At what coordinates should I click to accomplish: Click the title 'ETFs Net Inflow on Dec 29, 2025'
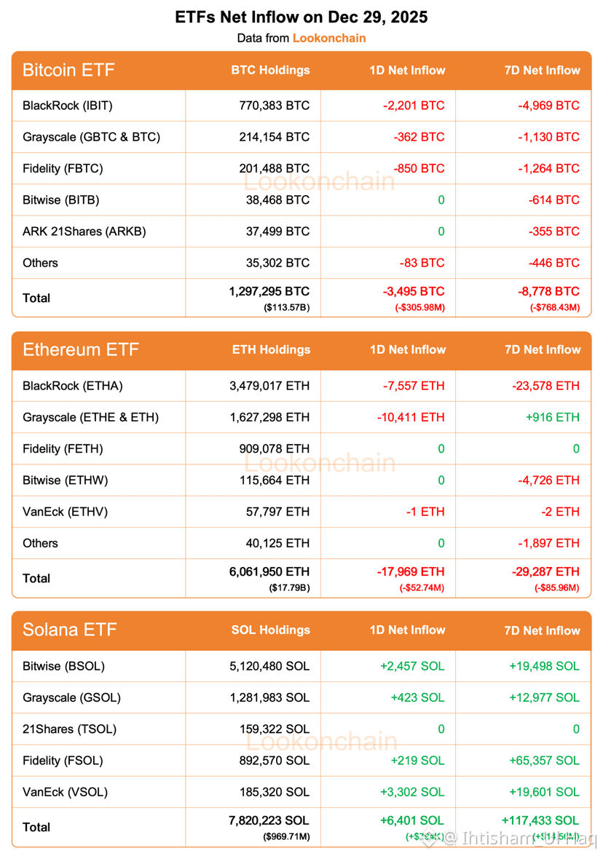(x=301, y=17)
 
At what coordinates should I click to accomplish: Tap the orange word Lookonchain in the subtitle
(x=329, y=38)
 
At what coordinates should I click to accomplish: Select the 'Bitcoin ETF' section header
(x=68, y=71)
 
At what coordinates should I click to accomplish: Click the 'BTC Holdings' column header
(x=270, y=71)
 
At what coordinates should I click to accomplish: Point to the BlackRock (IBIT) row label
(x=68, y=106)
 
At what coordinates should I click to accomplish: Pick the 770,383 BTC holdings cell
(x=274, y=106)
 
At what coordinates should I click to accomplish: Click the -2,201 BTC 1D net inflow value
(x=413, y=106)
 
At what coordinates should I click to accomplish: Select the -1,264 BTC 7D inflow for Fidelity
(x=548, y=168)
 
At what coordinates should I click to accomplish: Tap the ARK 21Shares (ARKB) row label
(x=84, y=231)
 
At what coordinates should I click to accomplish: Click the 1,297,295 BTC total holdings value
(x=269, y=292)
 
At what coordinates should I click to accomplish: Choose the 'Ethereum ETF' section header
(x=80, y=350)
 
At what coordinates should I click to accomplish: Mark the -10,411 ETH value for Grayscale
(x=410, y=417)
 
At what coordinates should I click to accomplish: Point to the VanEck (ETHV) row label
(x=65, y=512)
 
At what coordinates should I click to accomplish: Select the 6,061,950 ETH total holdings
(x=269, y=572)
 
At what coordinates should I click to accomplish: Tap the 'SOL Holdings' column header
(x=270, y=630)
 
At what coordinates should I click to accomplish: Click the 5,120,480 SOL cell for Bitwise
(x=269, y=666)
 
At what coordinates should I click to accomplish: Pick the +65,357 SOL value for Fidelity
(x=545, y=761)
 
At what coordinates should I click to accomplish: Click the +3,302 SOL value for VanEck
(x=412, y=792)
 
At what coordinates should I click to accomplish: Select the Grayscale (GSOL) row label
(x=71, y=697)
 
